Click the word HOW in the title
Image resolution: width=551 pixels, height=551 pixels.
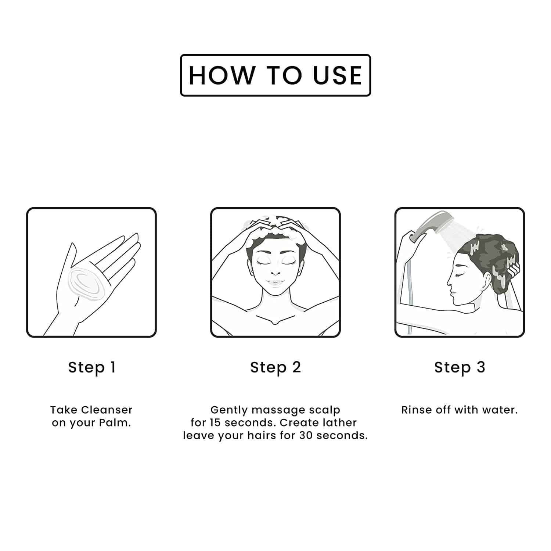click(x=222, y=75)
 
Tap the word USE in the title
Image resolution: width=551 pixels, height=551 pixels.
click(x=338, y=75)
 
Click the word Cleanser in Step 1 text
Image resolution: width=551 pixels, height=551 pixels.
click(x=107, y=410)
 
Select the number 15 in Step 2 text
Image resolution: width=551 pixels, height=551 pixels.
click(x=216, y=422)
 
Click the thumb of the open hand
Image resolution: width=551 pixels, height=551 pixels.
click(x=66, y=268)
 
